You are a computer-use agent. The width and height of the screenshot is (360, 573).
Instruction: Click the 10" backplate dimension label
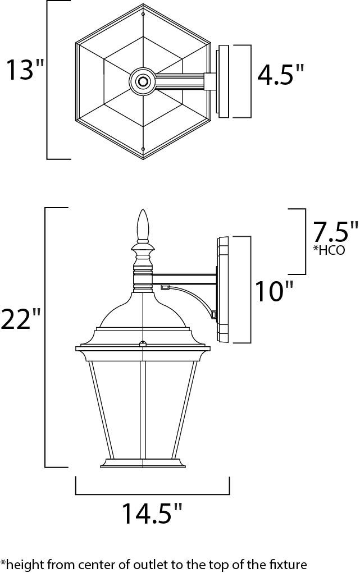click(274, 291)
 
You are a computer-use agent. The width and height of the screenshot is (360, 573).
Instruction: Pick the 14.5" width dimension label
click(152, 514)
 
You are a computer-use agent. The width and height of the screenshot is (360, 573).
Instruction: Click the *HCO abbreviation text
click(329, 251)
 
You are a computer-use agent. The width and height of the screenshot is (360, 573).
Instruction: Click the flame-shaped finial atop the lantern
click(143, 224)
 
